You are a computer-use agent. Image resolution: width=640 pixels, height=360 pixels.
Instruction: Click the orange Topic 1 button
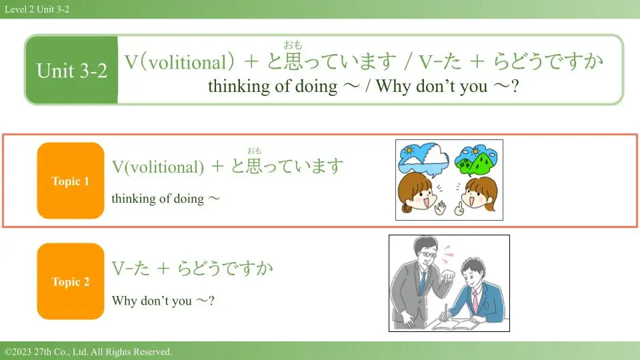pyautogui.click(x=71, y=181)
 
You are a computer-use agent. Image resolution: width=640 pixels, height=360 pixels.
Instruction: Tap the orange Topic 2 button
pyautogui.click(x=71, y=281)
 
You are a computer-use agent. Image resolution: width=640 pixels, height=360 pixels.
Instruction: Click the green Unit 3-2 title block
pyautogui.click(x=72, y=70)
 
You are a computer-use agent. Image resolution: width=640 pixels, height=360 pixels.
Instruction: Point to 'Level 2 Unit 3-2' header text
pyautogui.click(x=37, y=9)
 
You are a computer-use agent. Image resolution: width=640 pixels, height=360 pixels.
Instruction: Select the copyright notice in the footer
pyautogui.click(x=88, y=351)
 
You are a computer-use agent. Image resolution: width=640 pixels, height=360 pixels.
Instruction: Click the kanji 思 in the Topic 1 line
pyautogui.click(x=254, y=166)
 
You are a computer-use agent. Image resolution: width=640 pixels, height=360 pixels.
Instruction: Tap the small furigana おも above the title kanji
pyautogui.click(x=293, y=45)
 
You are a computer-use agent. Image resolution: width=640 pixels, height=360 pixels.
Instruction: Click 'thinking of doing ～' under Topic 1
pyautogui.click(x=165, y=199)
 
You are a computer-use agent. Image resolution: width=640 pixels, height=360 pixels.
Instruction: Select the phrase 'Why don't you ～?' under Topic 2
pyautogui.click(x=163, y=301)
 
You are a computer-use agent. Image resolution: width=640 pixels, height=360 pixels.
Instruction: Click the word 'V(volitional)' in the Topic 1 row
pyautogui.click(x=158, y=167)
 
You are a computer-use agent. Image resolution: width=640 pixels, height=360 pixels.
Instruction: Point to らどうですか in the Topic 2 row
pyautogui.click(x=225, y=268)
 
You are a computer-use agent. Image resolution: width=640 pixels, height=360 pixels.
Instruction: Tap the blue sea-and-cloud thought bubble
pyautogui.click(x=423, y=159)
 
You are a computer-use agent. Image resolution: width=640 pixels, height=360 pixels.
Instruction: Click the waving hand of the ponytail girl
pyautogui.click(x=440, y=208)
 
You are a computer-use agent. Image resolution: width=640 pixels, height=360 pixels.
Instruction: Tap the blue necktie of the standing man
pyautogui.click(x=423, y=281)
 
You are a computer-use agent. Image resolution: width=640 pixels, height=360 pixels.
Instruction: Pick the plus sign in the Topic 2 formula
pyautogui.click(x=163, y=269)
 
